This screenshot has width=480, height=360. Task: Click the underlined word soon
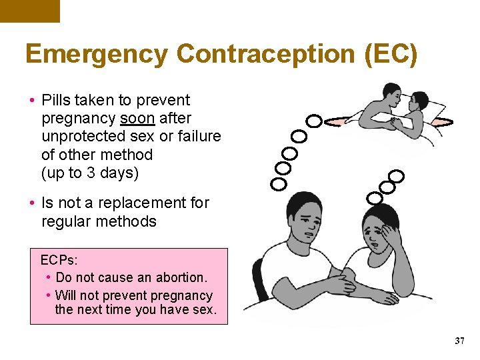point(137,119)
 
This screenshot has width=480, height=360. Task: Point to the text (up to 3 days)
point(90,173)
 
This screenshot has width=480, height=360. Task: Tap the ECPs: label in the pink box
point(59,260)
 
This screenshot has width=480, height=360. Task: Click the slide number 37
point(459,341)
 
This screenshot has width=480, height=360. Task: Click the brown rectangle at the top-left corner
point(29,11)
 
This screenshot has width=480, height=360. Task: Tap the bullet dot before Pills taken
point(33,101)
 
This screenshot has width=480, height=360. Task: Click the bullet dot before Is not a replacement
point(33,203)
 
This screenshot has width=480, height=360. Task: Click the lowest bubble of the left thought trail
point(279,183)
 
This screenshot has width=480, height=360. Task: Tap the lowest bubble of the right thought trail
point(375,197)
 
